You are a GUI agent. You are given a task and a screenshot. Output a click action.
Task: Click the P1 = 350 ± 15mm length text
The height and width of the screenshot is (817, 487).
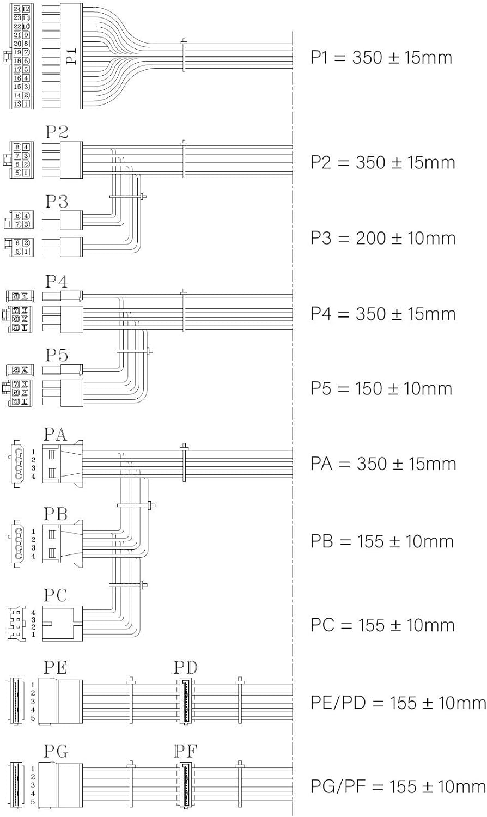[x=381, y=58]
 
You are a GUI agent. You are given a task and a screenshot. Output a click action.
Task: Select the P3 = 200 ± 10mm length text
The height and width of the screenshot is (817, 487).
[x=382, y=238]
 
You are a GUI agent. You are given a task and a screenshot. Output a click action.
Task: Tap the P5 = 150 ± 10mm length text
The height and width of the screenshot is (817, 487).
[x=381, y=388]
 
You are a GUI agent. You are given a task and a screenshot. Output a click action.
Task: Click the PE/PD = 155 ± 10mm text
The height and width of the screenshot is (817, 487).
[x=398, y=703]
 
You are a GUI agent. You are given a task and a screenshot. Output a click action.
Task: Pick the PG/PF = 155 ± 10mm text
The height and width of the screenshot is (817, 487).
[x=398, y=786]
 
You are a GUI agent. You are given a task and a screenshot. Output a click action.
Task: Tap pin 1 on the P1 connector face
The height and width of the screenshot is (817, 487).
[x=26, y=103]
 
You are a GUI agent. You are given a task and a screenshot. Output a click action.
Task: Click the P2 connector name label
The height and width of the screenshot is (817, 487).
[x=57, y=132]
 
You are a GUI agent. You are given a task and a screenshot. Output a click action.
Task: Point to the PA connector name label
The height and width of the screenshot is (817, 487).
[x=56, y=434]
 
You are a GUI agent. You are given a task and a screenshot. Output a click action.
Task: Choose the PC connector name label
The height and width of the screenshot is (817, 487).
[x=55, y=595]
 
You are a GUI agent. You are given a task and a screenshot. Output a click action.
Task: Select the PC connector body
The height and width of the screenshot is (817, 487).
[x=63, y=622]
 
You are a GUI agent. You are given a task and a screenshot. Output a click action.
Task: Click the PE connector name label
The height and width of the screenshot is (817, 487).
[x=56, y=667]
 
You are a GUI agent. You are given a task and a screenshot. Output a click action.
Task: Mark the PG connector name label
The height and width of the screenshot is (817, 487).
[x=56, y=752]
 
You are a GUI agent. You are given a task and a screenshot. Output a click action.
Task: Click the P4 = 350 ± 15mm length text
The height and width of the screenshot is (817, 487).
[x=382, y=314]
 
